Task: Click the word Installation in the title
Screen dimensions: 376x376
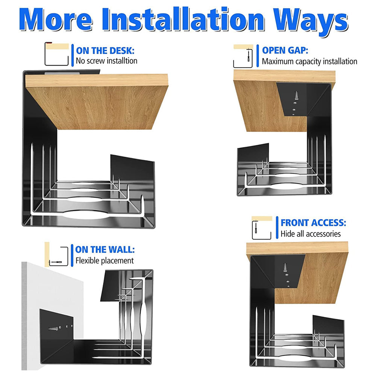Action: [183, 20]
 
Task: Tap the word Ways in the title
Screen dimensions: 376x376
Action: [311, 21]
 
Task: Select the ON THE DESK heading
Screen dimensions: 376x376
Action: [105, 51]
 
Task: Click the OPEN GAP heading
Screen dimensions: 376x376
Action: [285, 50]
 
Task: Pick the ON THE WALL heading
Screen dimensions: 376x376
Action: [105, 250]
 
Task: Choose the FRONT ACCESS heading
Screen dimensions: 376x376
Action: [314, 223]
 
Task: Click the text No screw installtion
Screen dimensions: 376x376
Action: [106, 61]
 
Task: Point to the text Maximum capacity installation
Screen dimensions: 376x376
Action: [309, 61]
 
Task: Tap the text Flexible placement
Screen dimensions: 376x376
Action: [105, 261]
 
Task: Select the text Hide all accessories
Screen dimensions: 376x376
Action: [311, 234]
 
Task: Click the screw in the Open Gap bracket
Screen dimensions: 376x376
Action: [296, 96]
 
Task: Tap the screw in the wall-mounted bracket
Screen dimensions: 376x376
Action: [53, 328]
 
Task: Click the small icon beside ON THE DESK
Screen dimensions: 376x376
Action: [57, 54]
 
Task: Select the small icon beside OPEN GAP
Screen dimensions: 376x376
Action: [243, 56]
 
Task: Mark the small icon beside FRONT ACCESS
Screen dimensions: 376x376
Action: [262, 228]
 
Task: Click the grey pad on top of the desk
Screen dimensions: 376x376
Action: [62, 73]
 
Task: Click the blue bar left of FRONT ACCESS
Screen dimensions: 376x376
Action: [277, 227]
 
